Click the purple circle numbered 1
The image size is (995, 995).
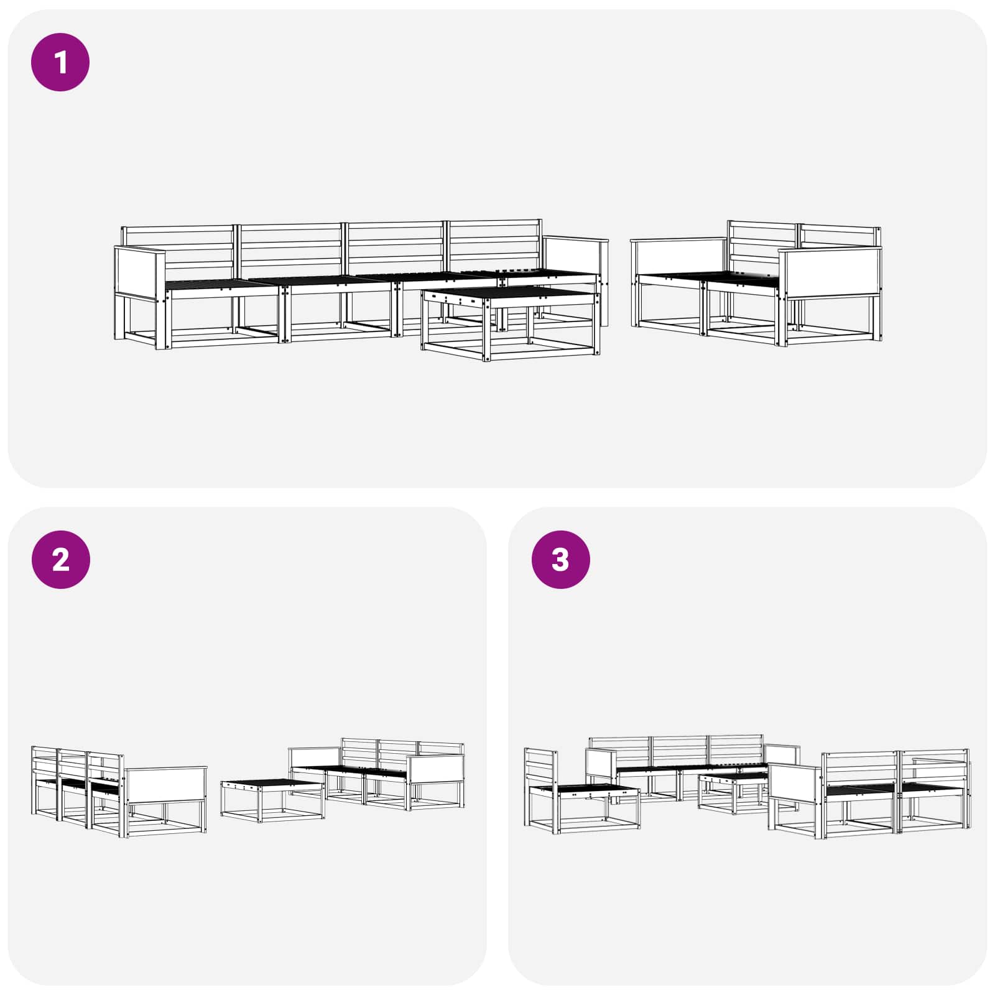(60, 62)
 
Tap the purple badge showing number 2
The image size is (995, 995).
(60, 560)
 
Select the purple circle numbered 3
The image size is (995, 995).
(560, 560)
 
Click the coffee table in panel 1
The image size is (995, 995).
(510, 323)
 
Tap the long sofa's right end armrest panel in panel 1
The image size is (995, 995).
(575, 255)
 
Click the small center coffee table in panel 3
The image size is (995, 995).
(734, 792)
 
